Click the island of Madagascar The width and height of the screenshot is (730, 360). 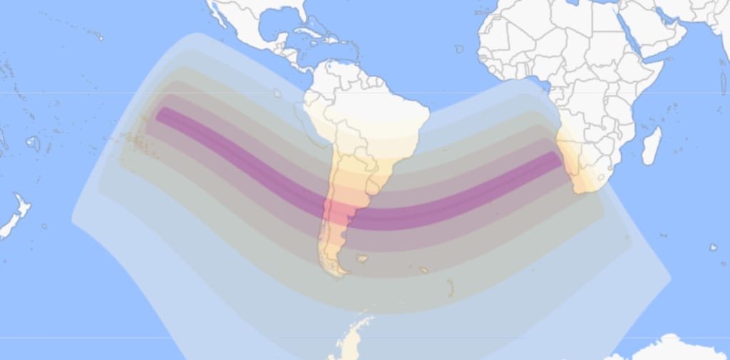tap(652, 146)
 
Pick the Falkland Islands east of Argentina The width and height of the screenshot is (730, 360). tap(363, 259)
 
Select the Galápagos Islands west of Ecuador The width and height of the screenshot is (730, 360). tap(277, 93)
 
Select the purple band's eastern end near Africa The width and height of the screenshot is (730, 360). tap(557, 158)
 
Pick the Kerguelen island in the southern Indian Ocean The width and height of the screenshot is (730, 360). tap(713, 247)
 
